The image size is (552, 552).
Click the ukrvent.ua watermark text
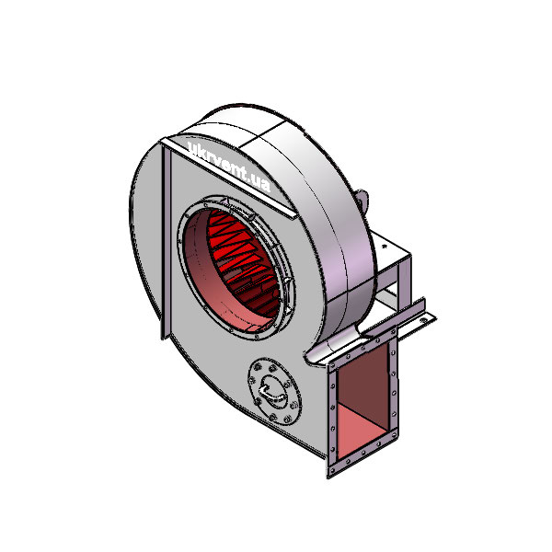click(x=227, y=166)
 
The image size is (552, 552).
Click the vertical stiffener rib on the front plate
click(x=167, y=239)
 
